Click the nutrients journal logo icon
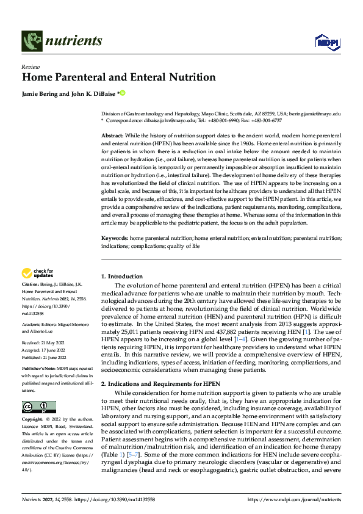[31, 42]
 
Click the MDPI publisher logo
[327, 42]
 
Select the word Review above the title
[31, 67]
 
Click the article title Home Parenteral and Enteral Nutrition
[119, 78]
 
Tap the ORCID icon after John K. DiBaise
[122, 93]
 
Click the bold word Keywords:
[114, 236]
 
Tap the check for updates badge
[38, 273]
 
